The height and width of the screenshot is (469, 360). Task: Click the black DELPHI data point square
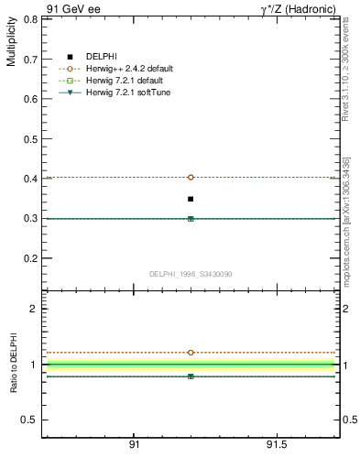191,199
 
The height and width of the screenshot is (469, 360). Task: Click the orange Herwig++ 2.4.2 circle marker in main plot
191,177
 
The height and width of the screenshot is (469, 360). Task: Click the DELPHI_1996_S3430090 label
191,274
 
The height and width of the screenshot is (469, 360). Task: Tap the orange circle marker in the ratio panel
191,352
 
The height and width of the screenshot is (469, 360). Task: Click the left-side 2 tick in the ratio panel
33,309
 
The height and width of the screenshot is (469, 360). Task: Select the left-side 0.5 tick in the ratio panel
29,420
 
